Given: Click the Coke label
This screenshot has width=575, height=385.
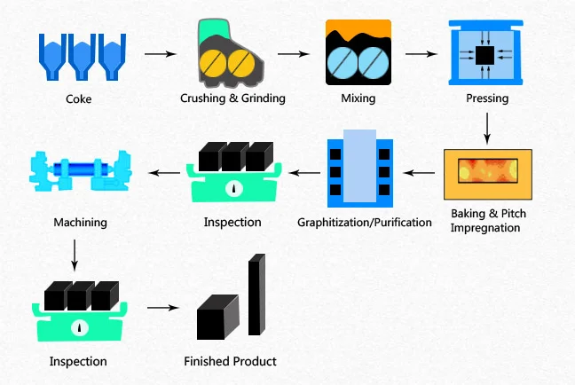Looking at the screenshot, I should [77, 99].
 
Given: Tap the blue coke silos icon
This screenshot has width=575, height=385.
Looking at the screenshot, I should [78, 54].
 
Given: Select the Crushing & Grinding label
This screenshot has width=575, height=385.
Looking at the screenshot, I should [233, 98].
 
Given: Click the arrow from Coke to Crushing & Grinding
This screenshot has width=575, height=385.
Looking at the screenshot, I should [160, 55].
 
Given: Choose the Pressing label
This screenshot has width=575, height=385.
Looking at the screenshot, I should [487, 98].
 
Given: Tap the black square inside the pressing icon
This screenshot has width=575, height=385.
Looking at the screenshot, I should [484, 56].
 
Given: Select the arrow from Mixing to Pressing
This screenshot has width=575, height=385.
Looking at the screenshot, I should [421, 55].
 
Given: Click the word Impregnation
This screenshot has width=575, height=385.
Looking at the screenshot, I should [484, 228].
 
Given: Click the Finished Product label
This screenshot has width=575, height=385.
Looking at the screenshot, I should [230, 361].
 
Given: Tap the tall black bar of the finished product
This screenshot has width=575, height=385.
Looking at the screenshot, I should [256, 296].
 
